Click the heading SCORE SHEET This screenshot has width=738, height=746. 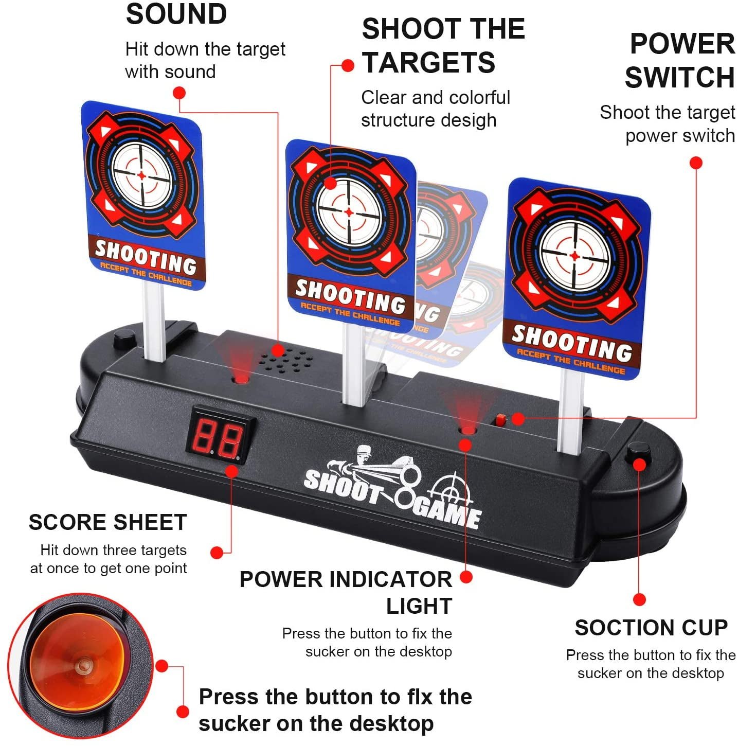pos(108,522)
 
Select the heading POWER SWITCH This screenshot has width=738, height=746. pos(680,60)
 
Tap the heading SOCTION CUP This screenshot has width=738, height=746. pos(651,628)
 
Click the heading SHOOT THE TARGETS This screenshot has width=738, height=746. pos(443,46)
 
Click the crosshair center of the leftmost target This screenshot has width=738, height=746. pos(141,175)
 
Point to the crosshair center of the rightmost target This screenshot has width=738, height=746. pos(574,256)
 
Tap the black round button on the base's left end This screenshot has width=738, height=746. pos(124,339)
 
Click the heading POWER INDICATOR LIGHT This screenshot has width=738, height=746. pos(346,592)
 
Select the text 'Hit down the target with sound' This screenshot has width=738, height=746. pos(205,60)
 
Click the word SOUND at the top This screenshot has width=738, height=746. pos(176,14)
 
